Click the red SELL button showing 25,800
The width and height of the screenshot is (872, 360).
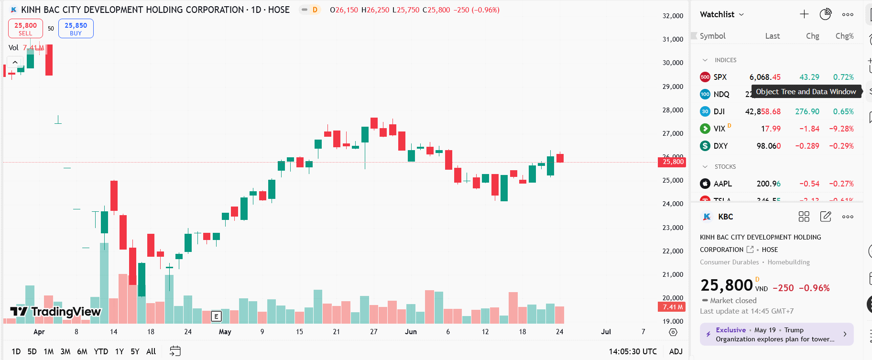point(25,29)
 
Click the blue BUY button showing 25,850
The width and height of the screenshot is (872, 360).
point(76,29)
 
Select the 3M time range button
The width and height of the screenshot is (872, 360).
point(65,351)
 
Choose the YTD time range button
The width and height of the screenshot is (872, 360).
point(101,351)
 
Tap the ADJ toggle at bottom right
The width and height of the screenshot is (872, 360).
point(676,351)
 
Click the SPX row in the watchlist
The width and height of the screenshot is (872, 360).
point(720,77)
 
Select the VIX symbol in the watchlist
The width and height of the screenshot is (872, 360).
point(719,129)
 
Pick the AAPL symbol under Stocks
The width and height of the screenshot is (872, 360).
point(722,184)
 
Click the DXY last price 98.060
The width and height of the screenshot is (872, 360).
point(768,146)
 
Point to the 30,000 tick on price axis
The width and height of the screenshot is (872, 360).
point(673,63)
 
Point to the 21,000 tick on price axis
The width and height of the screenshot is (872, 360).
point(673,274)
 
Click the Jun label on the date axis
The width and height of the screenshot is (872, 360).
point(411,332)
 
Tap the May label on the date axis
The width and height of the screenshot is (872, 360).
point(225,332)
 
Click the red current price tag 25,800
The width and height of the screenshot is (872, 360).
point(672,162)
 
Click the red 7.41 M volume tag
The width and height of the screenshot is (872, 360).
point(672,307)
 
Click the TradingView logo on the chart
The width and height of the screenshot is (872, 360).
point(55,312)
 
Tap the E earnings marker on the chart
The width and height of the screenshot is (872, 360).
point(216,316)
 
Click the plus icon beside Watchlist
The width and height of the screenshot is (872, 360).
point(804,14)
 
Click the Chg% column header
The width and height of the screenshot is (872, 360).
point(844,36)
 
